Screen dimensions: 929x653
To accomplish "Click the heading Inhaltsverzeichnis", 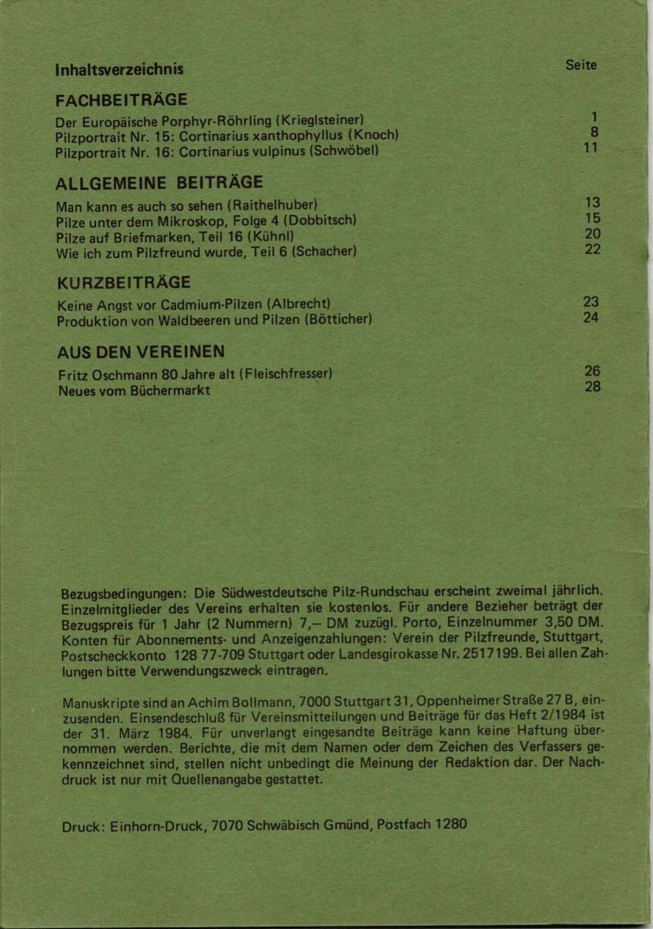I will [x=119, y=69].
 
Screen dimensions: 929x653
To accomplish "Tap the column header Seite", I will [x=581, y=65].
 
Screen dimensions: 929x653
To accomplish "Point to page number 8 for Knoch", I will [x=594, y=132].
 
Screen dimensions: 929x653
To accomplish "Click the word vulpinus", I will [x=276, y=151].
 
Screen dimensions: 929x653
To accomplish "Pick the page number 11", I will [x=591, y=147].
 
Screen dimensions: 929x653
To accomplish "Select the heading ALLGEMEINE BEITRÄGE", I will [x=160, y=183].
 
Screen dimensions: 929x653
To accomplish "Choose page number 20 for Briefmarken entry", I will [x=592, y=234].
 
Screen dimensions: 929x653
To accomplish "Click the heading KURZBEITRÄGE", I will [x=124, y=282].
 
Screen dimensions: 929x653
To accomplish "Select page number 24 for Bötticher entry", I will [x=591, y=317].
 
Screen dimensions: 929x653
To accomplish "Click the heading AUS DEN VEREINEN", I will [x=141, y=351].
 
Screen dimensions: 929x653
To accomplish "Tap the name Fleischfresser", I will [x=286, y=375].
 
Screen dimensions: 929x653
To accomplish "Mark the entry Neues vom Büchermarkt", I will [x=134, y=390].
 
